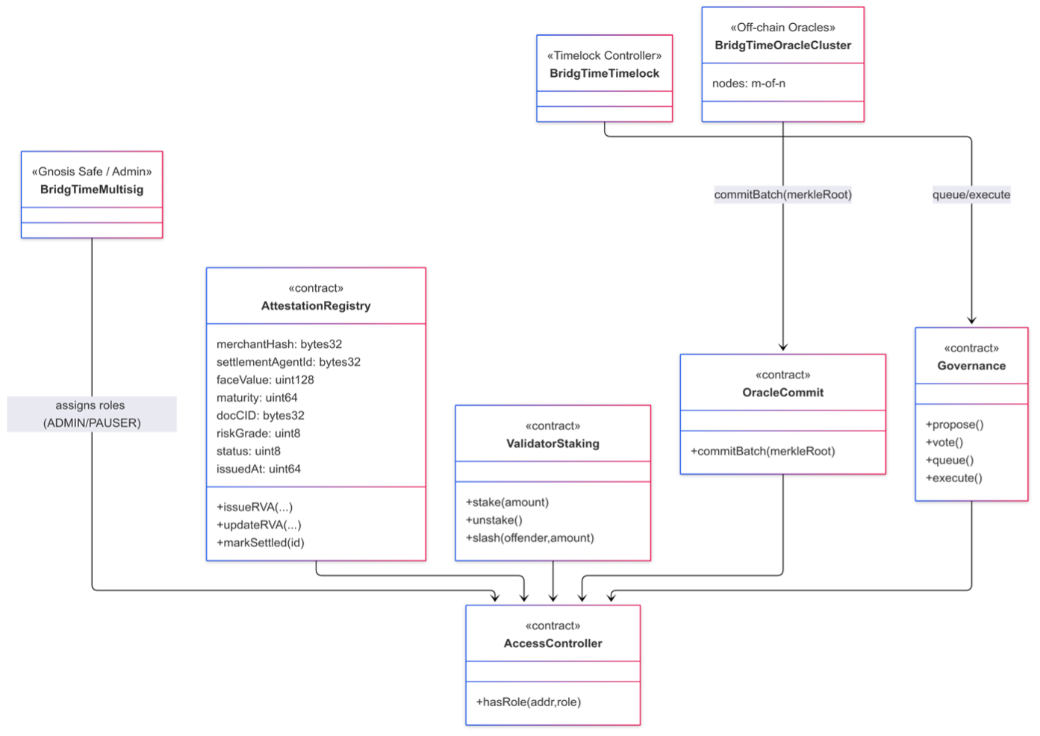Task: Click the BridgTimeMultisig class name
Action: coord(92,190)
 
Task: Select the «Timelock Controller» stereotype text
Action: coord(604,56)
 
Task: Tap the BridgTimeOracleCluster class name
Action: coord(782,46)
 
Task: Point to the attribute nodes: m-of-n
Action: coord(748,84)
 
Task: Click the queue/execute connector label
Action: coord(971,195)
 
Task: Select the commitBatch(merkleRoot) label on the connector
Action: coord(782,195)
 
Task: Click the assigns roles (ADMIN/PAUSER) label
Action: coord(92,414)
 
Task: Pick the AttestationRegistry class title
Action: coord(316,306)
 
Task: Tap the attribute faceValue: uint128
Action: coord(265,380)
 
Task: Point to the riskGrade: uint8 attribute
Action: coord(258,434)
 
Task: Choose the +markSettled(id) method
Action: coord(261,543)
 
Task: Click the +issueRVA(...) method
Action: coord(255,508)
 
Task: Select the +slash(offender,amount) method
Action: coord(529,538)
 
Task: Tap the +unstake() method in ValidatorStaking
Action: coord(493,520)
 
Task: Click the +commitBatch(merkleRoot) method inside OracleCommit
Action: coord(762,452)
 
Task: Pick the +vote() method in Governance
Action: coord(944,443)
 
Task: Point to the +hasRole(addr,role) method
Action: coord(529,702)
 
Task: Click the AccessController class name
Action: coord(552,643)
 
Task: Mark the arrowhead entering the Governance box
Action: coord(971,321)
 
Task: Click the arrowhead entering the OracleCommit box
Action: coord(783,347)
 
